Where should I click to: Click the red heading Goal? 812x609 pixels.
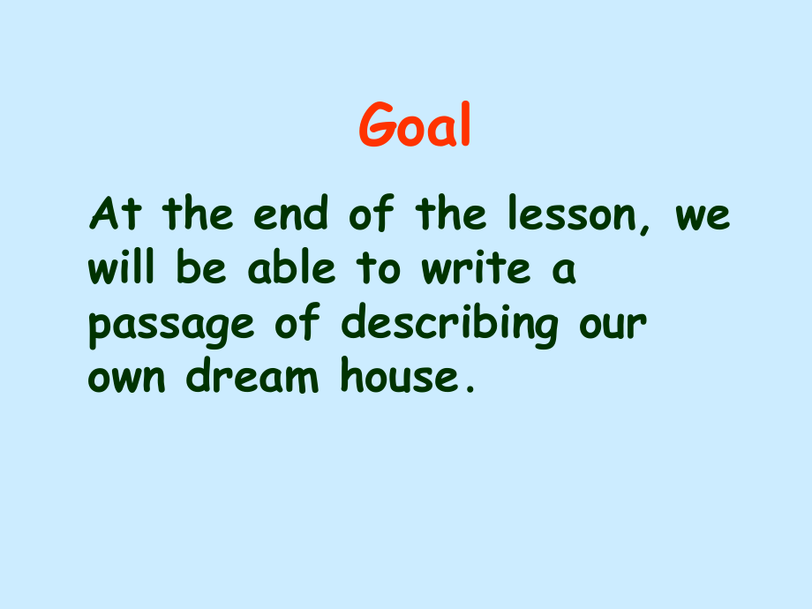(x=415, y=127)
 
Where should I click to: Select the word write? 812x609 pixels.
(x=477, y=269)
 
